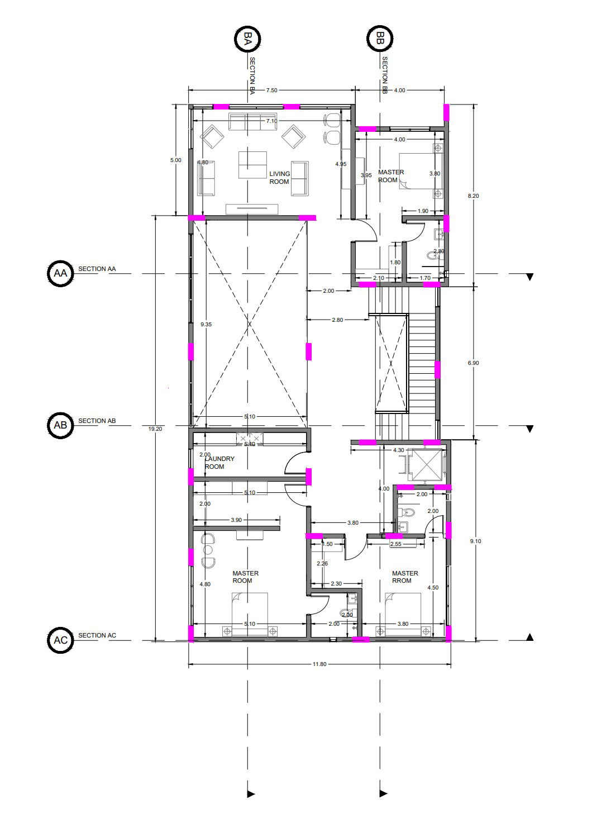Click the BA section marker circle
[x=247, y=39]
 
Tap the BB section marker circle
[x=380, y=39]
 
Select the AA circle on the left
[x=60, y=273]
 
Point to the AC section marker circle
[x=60, y=640]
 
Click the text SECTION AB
[x=97, y=421]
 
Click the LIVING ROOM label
[x=279, y=178]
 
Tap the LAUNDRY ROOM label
[x=219, y=463]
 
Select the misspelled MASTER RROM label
[x=405, y=577]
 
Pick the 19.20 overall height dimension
[x=155, y=429]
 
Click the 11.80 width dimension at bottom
[x=319, y=664]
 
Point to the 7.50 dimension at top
[x=271, y=90]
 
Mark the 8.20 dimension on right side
[x=473, y=196]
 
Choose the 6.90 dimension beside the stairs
[x=473, y=363]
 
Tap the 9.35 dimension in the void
[x=206, y=324]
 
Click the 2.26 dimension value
[x=322, y=564]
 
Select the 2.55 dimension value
[x=395, y=544]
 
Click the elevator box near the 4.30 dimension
[x=426, y=464]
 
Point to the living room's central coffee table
[x=252, y=164]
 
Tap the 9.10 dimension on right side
[x=475, y=541]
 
